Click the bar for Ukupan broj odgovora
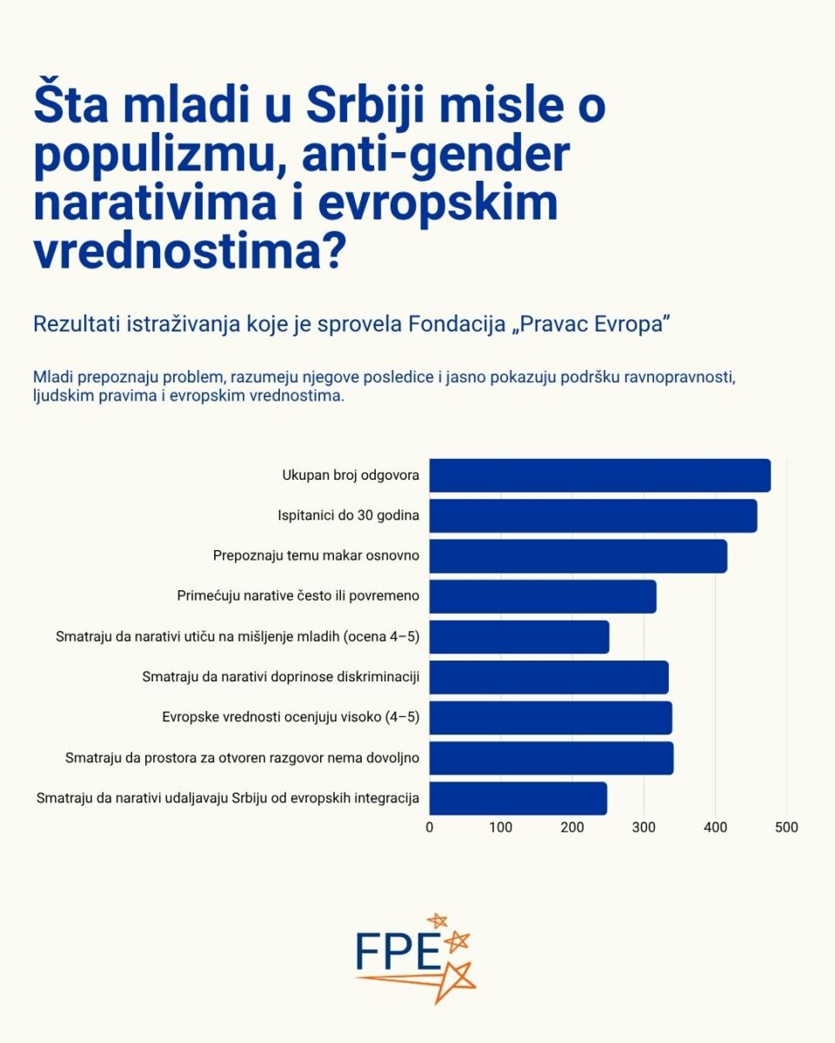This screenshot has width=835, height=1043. [x=599, y=475]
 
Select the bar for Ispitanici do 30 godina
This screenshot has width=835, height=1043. [x=592, y=515]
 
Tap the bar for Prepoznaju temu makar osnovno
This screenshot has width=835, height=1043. [x=578, y=556]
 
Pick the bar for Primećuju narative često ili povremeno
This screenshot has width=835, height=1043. [x=543, y=596]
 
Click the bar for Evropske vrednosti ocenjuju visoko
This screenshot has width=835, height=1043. [x=551, y=718]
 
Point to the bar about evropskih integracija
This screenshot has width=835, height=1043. [x=518, y=798]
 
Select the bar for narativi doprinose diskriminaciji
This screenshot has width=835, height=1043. [x=549, y=677]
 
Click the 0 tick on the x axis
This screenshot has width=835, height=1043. [x=430, y=827]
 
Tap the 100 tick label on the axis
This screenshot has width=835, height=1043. [x=501, y=827]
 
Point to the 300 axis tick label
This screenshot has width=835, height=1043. [x=644, y=827]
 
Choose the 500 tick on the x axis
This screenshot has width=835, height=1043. [x=786, y=827]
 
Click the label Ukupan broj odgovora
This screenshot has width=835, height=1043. [x=351, y=475]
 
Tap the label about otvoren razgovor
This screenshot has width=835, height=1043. [x=243, y=758]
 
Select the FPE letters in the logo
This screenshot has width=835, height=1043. [x=399, y=952]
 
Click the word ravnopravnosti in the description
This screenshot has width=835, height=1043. [x=682, y=378]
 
